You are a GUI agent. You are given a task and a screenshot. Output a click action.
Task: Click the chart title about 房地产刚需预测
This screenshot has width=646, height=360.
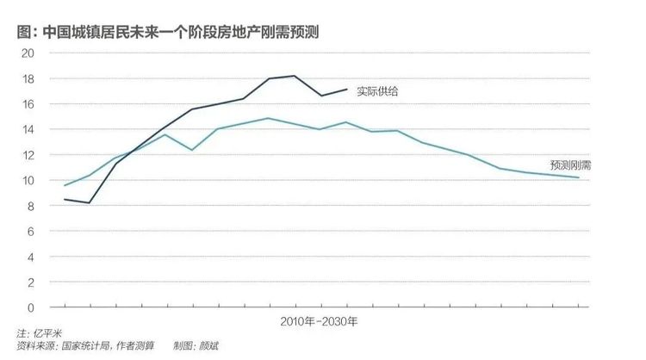[168, 32]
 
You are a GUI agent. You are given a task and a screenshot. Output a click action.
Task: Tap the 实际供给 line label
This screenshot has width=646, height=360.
[377, 91]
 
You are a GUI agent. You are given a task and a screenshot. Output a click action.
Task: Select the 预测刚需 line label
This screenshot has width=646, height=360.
[570, 164]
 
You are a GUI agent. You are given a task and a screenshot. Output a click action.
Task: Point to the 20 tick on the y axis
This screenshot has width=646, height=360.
[28, 53]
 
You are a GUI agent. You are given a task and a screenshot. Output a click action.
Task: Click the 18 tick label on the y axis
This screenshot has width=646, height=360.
[28, 78]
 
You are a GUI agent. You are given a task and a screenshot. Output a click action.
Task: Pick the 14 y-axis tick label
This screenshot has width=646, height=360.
[28, 130]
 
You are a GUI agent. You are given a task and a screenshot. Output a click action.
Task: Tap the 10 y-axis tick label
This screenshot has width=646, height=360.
[28, 180]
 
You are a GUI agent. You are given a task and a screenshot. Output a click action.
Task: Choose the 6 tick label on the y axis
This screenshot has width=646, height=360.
[30, 232]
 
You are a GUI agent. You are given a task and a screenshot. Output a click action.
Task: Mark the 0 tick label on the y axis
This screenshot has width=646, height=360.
[30, 307]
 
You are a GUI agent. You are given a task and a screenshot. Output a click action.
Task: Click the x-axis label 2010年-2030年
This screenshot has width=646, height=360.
[319, 321]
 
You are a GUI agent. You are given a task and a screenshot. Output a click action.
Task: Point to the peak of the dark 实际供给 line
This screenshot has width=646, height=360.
[295, 76]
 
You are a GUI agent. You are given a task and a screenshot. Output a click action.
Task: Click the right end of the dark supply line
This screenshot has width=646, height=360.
[347, 89]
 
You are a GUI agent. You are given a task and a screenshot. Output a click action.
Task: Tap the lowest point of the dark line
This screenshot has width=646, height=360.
[89, 202]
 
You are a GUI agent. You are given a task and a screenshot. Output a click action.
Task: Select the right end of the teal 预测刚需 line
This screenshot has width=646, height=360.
[579, 177]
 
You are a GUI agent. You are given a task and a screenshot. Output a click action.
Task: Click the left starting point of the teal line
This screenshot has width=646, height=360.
[65, 185]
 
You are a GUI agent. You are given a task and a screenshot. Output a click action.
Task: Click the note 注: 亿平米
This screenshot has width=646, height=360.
[39, 332]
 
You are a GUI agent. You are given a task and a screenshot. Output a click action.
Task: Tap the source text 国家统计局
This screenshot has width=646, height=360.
[85, 345]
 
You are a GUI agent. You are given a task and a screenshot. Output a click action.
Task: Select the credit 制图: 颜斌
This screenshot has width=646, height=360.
[196, 345]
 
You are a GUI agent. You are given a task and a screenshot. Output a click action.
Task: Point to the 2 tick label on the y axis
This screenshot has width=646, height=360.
[30, 282]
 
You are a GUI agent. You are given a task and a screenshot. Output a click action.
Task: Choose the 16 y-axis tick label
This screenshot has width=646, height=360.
[28, 104]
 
